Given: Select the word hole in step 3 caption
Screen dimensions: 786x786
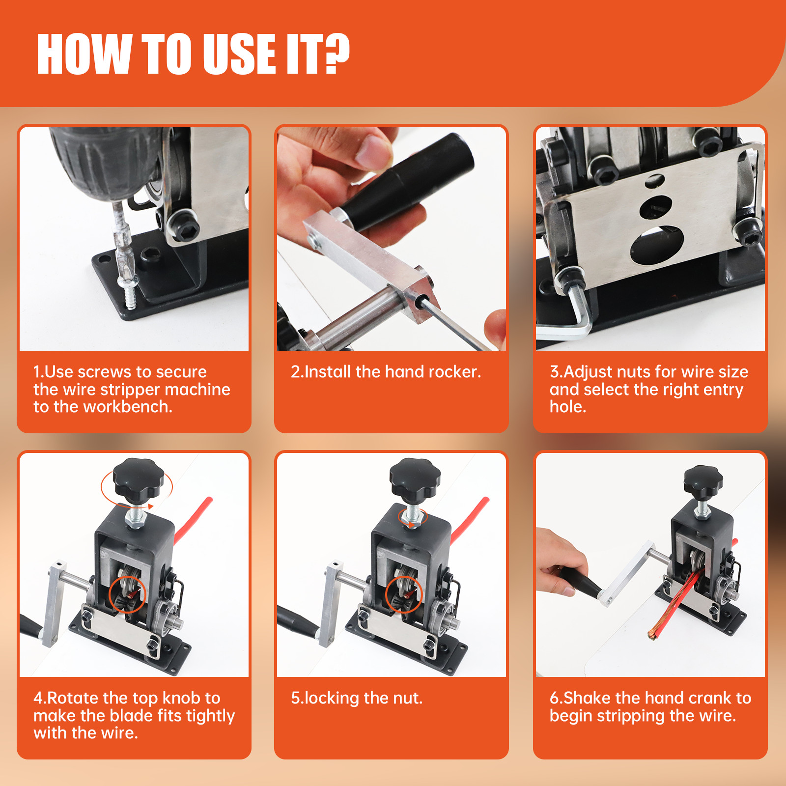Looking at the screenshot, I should [x=567, y=407].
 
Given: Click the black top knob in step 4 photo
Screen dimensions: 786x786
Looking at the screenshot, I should [x=138, y=478].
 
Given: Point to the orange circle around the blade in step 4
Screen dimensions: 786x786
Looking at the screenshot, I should [x=127, y=594].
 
